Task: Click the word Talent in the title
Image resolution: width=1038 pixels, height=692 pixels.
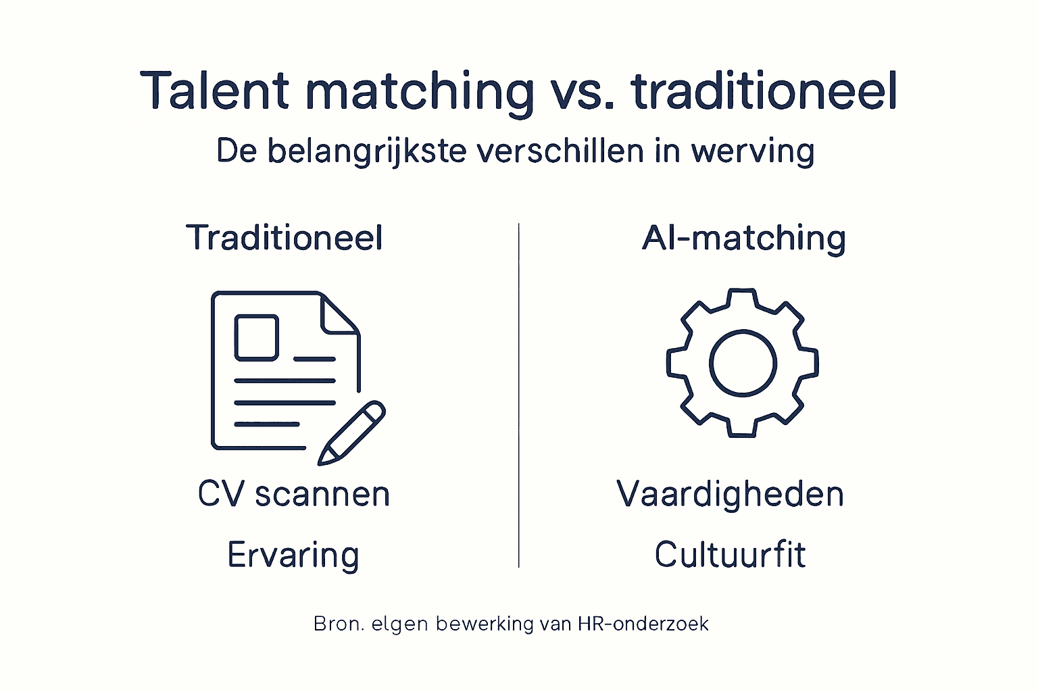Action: (215, 91)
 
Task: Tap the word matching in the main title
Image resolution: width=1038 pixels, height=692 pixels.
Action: (420, 92)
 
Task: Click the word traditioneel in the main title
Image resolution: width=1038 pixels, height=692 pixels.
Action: (764, 91)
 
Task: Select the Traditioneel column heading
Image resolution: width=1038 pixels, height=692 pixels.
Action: (285, 238)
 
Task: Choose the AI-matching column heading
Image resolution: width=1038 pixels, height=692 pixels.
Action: (743, 238)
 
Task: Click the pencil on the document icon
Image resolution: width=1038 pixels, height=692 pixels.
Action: (351, 432)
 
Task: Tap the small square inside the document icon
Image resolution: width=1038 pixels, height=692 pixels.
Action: (256, 337)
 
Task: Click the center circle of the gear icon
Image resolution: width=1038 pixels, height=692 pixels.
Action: (743, 363)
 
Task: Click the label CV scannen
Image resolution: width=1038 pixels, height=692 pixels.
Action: (294, 494)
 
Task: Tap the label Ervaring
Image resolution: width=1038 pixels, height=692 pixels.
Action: (293, 555)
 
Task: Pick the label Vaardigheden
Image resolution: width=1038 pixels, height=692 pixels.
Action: (730, 494)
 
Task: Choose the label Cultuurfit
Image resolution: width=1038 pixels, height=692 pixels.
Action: (730, 555)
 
